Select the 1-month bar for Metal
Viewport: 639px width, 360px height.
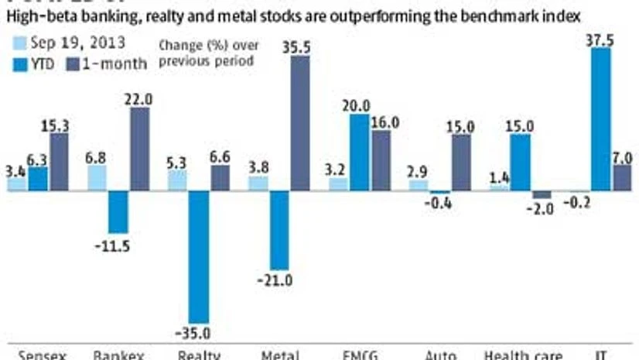tap(299, 123)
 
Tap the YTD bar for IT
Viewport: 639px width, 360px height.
tap(600, 119)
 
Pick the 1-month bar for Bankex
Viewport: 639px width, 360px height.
tap(139, 149)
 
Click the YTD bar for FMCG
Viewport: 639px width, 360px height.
tap(359, 153)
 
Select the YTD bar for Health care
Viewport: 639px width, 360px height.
tap(520, 163)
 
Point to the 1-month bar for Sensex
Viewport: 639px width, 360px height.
tap(59, 161)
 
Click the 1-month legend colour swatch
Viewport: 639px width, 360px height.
tap(75, 63)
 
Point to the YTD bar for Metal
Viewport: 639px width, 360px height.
tap(278, 230)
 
